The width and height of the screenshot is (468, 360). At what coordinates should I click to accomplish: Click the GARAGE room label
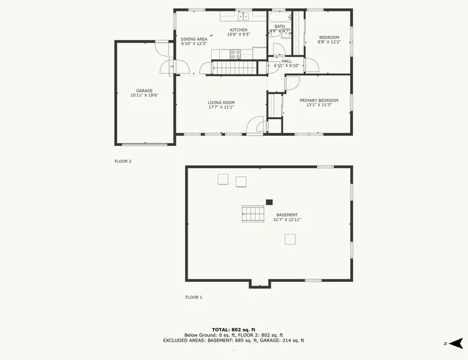click(x=144, y=91)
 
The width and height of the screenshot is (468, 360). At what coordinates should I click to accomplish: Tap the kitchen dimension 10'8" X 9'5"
click(x=239, y=34)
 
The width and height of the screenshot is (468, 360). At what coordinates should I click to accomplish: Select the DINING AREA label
click(x=194, y=39)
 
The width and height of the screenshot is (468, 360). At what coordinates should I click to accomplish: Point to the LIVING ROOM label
click(x=221, y=103)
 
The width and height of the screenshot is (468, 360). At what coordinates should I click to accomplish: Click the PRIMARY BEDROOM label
click(x=319, y=100)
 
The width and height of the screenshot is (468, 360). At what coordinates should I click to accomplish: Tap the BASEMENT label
click(x=287, y=215)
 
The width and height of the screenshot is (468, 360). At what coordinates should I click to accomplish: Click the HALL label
click(x=286, y=61)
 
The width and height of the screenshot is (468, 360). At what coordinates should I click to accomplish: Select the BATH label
click(x=280, y=26)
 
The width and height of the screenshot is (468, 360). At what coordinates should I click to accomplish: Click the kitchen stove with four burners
click(x=235, y=54)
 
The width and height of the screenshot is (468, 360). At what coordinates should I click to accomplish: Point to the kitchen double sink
click(x=244, y=16)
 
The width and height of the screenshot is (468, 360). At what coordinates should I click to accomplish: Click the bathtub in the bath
click(x=280, y=16)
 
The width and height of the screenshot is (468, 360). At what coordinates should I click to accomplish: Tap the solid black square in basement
click(x=269, y=202)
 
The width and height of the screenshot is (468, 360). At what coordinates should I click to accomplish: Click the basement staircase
click(x=253, y=214)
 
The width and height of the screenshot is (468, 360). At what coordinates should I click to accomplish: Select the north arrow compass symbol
click(x=455, y=343)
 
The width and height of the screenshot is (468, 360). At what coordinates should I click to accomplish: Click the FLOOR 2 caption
click(x=123, y=161)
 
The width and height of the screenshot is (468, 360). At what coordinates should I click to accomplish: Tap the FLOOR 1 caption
click(x=194, y=297)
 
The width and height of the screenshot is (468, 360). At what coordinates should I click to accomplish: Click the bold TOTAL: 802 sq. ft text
click(x=234, y=329)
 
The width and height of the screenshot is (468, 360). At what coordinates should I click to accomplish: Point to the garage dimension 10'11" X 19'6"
click(x=144, y=96)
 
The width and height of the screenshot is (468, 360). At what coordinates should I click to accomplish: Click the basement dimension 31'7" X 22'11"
click(x=287, y=220)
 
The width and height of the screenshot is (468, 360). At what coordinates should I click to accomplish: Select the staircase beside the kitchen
click(x=234, y=68)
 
